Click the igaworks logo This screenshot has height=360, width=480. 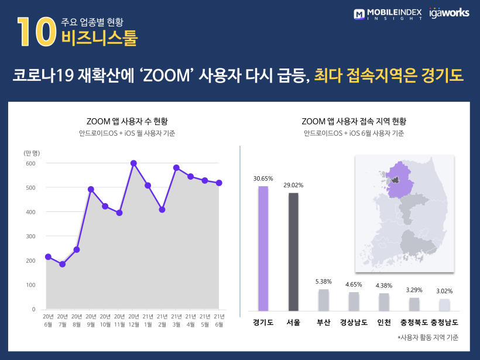point(449,12)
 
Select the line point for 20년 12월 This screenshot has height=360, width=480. point(133,163)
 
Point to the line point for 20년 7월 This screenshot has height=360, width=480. point(62,264)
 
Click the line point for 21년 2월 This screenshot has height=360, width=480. point(162,210)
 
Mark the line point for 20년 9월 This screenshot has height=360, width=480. point(91,189)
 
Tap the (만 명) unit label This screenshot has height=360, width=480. point(32,153)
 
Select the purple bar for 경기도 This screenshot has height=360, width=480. point(263,248)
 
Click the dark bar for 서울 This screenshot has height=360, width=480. point(293,252)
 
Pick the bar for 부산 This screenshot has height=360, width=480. point(324,300)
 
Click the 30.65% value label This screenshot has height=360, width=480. point(263,178)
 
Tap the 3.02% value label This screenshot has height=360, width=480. point(444,291)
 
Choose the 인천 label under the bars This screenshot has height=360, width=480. point(384,323)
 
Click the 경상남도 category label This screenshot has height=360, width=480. point(354,323)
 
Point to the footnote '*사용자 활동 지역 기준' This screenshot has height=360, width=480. point(428,338)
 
